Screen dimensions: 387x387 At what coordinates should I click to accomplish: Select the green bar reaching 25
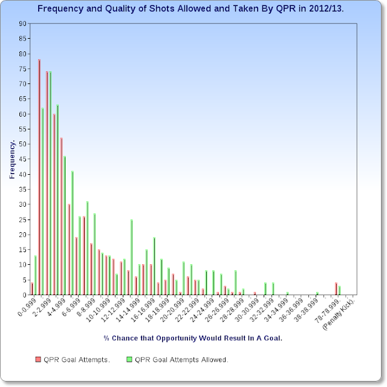point(131,257)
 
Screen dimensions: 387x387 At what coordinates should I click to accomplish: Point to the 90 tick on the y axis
point(22,24)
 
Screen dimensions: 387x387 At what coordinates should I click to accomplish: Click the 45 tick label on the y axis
point(22,159)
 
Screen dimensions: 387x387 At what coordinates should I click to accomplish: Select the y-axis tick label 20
point(22,235)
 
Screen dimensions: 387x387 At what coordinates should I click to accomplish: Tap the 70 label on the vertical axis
point(22,84)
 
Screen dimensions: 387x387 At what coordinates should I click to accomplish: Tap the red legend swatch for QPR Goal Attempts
point(39,359)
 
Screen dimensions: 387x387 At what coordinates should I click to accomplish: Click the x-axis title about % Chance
point(192,338)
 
